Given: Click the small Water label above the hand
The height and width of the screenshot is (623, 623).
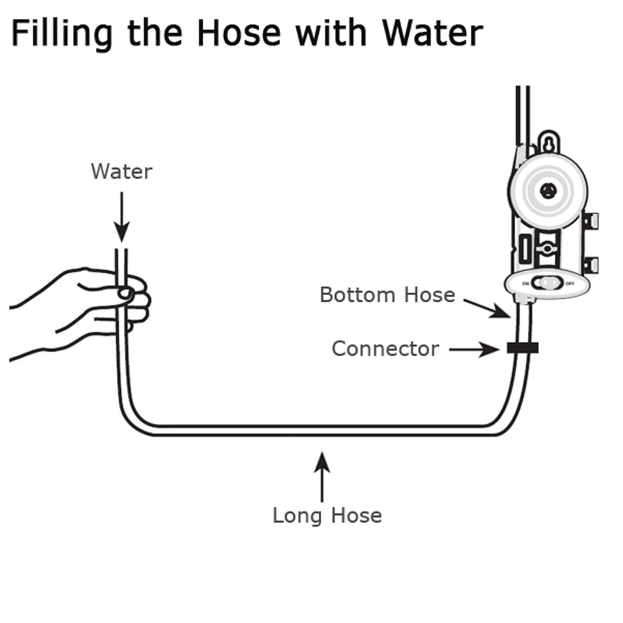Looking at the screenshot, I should (121, 172).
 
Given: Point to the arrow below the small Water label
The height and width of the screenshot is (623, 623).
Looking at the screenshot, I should (122, 217).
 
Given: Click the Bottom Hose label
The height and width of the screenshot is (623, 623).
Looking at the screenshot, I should (387, 295).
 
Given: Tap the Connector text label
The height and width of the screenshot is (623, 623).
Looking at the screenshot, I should (385, 349).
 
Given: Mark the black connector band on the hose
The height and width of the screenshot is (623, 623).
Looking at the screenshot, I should (522, 348).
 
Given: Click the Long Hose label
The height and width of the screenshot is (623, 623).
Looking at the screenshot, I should (327, 515).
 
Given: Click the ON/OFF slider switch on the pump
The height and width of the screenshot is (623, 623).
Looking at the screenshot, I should (546, 283).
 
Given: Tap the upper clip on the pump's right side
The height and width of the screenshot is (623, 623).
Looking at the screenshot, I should (590, 220).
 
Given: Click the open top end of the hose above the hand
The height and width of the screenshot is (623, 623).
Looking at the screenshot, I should (122, 251).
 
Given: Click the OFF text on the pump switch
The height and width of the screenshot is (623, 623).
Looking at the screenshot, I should (570, 284).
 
